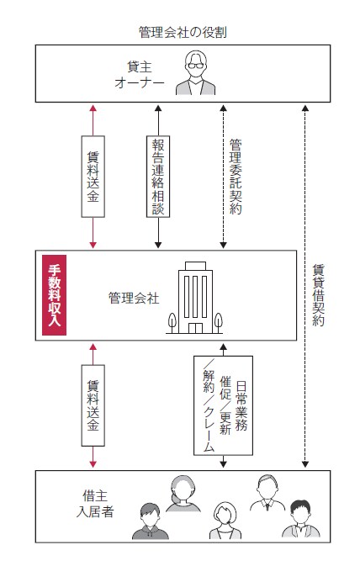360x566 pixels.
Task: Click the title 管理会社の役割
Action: pos(183,33)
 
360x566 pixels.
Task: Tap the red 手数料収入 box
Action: pos(54,295)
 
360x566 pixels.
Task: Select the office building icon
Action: pos(195,298)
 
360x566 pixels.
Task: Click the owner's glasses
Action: pos(195,66)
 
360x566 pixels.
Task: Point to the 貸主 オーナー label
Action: pos(140,75)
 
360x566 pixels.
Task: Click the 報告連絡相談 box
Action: pos(158,177)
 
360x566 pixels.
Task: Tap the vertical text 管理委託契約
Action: pos(236,177)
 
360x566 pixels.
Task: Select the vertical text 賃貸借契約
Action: pos(318,295)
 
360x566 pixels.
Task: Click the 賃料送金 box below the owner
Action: pos(93,177)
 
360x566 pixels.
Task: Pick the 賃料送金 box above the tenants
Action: pos(93,405)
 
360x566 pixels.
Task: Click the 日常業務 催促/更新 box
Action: pos(223,405)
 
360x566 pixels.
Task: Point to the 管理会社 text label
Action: pos(134,299)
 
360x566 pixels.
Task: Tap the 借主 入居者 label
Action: pos(95,504)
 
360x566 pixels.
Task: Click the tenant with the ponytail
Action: pos(183,494)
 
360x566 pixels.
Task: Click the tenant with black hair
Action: pos(300,519)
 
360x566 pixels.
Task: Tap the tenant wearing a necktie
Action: pos(267,493)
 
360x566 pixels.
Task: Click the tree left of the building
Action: pos(172,323)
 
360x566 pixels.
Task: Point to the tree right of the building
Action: pos(218,323)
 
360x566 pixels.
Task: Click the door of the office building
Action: pos(195,328)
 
